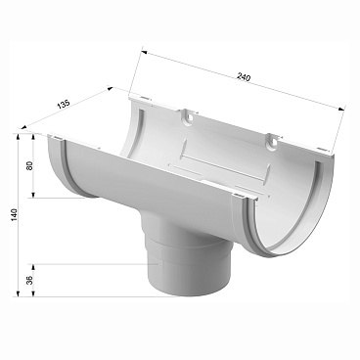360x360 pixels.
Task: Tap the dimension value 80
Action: pyautogui.click(x=30, y=165)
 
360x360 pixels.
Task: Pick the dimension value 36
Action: pyautogui.click(x=30, y=281)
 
